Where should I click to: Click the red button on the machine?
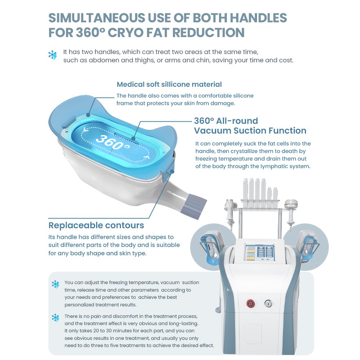pyautogui.click(x=251, y=303)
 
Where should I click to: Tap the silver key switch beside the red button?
pyautogui.click(x=268, y=303)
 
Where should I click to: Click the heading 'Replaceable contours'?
pyautogui.click(x=96, y=225)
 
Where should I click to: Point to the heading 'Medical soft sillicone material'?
pyautogui.click(x=169, y=84)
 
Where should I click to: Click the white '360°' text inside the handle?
pyautogui.click(x=113, y=142)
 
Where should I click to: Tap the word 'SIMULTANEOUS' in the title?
pyautogui.click(x=96, y=18)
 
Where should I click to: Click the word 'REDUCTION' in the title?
pyautogui.click(x=208, y=32)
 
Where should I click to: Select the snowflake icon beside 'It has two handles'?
pyautogui.click(x=53, y=55)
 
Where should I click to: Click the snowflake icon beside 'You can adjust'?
pyautogui.click(x=55, y=284)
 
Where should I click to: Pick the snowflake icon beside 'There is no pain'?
pyautogui.click(x=55, y=318)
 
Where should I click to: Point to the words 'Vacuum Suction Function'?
pyautogui.click(x=250, y=130)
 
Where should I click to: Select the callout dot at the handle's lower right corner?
pyautogui.click(x=172, y=171)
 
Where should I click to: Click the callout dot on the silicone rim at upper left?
pyautogui.click(x=88, y=115)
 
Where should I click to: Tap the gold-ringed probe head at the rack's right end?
pyautogui.click(x=291, y=203)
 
